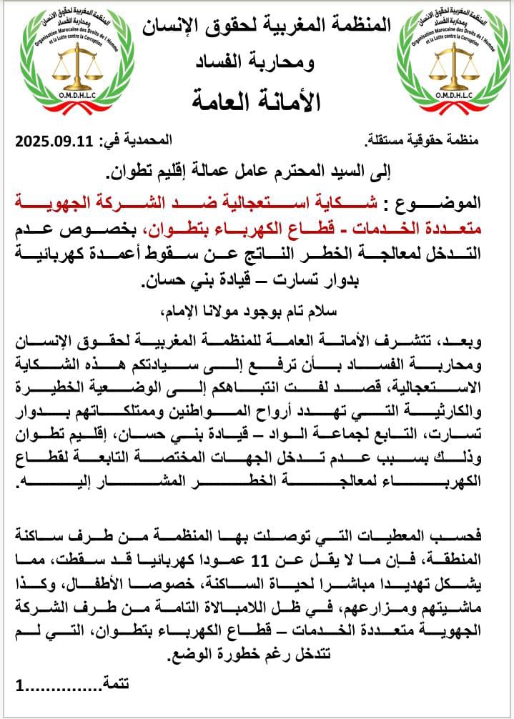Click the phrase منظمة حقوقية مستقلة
pyautogui.click(x=443, y=142)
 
